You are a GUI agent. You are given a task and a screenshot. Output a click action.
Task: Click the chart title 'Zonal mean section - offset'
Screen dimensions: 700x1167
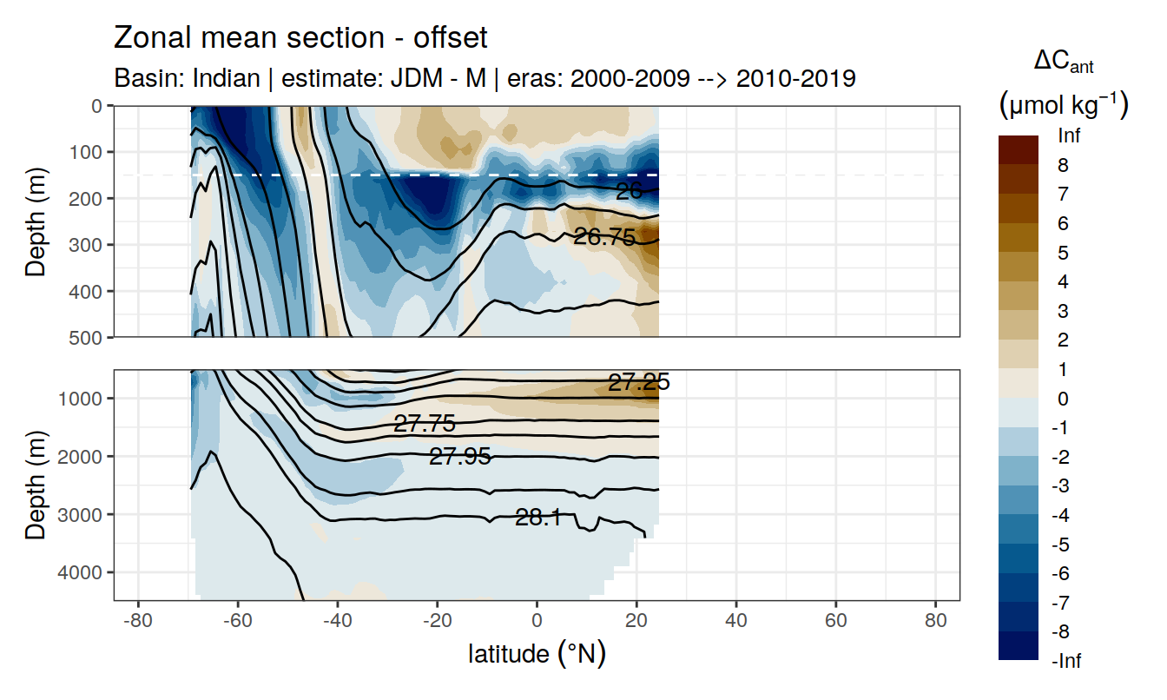[301, 38]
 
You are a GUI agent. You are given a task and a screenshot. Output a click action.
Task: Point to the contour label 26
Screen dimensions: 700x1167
[628, 192]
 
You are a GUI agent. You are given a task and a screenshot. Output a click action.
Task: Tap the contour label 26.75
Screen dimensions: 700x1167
[604, 237]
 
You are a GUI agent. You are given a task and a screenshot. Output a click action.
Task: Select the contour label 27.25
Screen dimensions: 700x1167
[638, 383]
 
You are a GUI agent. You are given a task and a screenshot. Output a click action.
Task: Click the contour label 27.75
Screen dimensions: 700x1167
[425, 424]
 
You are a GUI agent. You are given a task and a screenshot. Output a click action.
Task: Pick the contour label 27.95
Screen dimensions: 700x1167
[460, 457]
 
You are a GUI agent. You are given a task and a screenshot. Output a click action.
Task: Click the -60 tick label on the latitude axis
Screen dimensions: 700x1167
[236, 621]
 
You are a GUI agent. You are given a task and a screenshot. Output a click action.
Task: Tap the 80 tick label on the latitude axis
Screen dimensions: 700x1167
[935, 621]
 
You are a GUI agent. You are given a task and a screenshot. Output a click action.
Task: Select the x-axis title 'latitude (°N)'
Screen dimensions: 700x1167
[537, 653]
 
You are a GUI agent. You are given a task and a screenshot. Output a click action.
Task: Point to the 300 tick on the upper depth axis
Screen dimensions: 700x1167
[89, 244]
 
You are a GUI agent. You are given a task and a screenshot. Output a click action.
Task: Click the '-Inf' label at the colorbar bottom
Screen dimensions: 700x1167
[1067, 662]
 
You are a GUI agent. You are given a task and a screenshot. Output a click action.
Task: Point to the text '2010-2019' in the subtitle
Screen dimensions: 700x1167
[796, 78]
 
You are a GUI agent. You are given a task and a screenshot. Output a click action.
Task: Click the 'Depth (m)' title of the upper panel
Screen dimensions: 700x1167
[36, 221]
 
